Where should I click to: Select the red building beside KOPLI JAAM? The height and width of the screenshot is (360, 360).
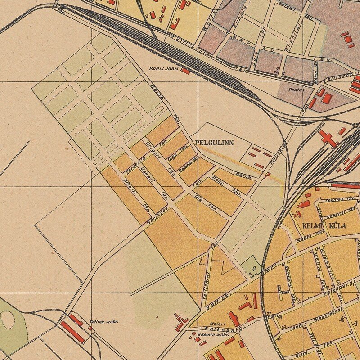click(x=185, y=71)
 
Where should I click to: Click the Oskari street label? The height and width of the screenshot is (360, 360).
click(x=147, y=176)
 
